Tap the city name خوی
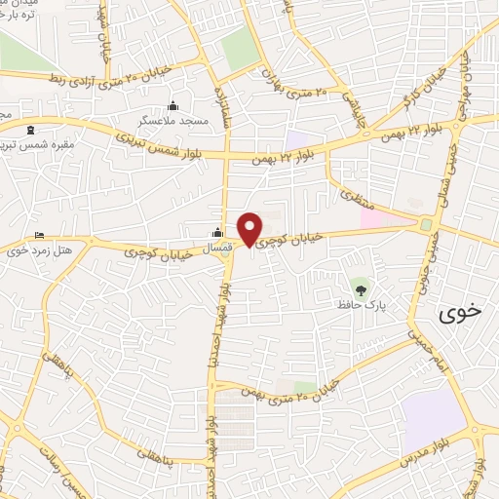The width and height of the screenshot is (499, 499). (x=460, y=313)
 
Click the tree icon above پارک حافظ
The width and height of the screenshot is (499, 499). (x=361, y=288)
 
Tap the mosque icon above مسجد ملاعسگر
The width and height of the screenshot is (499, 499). (x=173, y=105)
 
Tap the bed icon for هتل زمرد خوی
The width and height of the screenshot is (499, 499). (x=39, y=236)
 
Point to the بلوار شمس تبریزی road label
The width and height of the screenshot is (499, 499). (x=155, y=141)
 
